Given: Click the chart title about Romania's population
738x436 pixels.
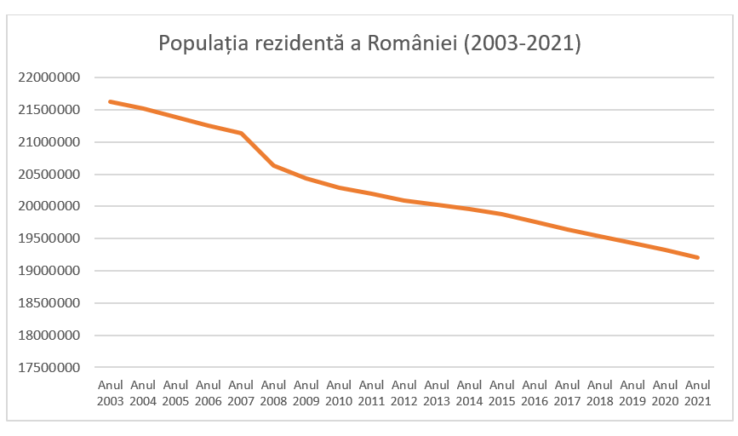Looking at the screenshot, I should coord(369,43).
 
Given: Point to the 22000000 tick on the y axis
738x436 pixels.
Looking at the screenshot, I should coord(49,77).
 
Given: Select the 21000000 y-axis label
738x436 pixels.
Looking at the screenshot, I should coord(49,142).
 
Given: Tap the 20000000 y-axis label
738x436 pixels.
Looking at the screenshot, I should coord(49,207).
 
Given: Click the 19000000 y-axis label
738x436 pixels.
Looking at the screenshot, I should coord(49,272).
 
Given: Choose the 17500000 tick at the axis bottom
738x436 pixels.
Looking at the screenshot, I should coord(49,368).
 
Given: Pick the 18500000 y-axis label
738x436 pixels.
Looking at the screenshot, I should coord(49,303).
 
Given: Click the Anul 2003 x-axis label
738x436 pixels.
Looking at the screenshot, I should coord(111,393).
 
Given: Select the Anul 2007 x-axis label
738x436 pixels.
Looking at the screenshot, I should coord(241,393).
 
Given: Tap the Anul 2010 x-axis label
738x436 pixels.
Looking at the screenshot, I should coord(339,393).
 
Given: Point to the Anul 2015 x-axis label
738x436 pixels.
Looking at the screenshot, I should coord(502,393).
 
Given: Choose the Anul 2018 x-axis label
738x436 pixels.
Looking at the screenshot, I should coord(600,393).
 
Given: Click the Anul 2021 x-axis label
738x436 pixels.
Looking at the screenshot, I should coord(698,393).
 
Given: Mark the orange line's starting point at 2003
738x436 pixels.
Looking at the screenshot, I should coord(111,101).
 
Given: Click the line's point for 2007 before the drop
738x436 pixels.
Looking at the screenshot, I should coord(241,133).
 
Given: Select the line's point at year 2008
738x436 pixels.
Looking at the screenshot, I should coord(273,165).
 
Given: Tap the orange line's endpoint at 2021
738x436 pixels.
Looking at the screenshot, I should coord(698,257).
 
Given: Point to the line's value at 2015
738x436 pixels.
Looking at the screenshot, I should coord(502,214).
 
